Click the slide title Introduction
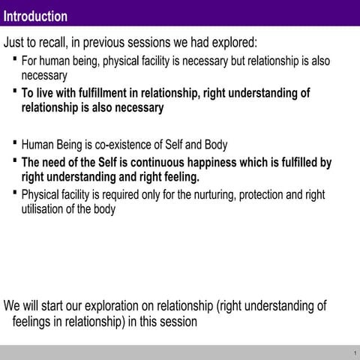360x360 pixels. [x=35, y=16]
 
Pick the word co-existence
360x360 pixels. [x=130, y=144]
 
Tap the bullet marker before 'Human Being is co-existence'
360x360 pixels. [x=16, y=141]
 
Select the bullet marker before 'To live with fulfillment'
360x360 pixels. [x=16, y=90]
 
